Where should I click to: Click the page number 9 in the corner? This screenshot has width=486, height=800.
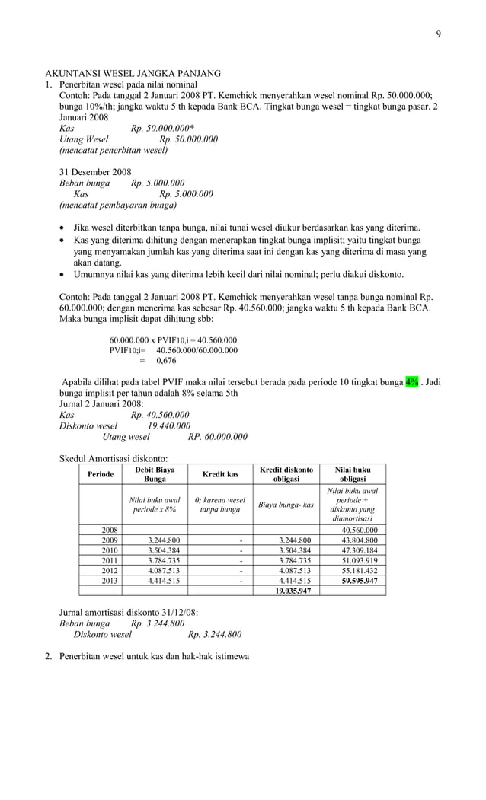point(438,33)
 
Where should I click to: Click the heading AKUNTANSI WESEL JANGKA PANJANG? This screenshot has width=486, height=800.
point(133,73)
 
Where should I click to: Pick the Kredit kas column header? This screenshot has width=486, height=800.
point(219,474)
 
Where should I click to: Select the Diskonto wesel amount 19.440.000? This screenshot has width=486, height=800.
point(169,425)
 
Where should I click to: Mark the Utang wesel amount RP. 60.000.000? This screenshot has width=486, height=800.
point(217,437)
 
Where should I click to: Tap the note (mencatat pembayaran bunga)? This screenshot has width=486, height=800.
point(118,206)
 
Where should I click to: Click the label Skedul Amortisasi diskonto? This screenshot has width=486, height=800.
point(114,458)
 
